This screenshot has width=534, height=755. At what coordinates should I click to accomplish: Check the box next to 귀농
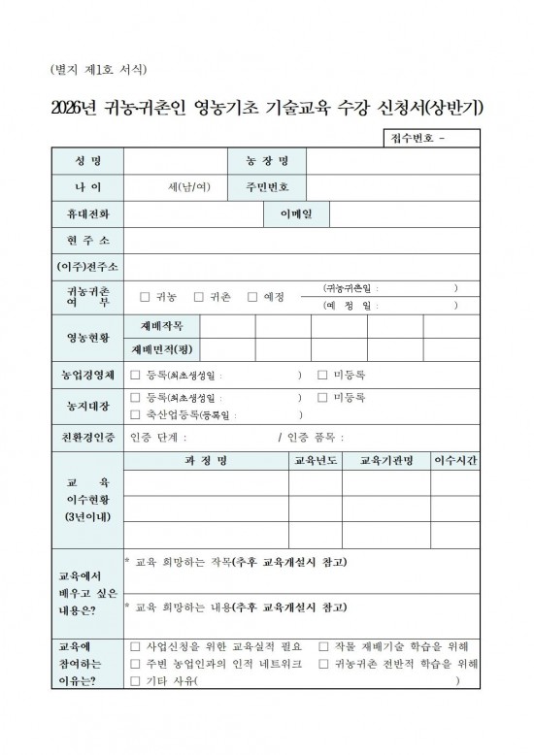coord(145,296)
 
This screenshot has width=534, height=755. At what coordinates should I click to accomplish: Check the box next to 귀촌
coord(199,296)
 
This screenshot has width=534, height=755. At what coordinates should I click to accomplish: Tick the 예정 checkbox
coord(252,296)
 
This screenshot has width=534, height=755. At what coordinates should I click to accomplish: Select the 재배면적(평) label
coord(162,348)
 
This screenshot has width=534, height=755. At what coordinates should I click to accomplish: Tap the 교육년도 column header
coord(317,460)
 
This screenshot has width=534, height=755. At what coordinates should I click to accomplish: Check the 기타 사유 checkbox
coord(136,681)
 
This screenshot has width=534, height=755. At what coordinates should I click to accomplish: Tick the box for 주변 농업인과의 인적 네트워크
coord(136,664)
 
